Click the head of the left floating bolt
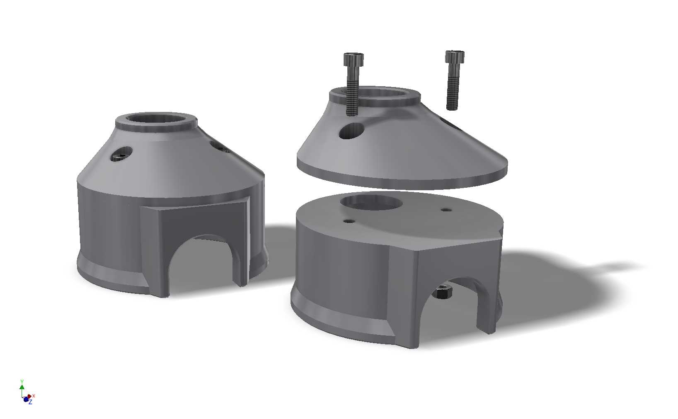[x=354, y=60]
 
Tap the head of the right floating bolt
[x=455, y=57]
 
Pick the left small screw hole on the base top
[x=351, y=221]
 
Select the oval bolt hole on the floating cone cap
[x=352, y=131]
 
